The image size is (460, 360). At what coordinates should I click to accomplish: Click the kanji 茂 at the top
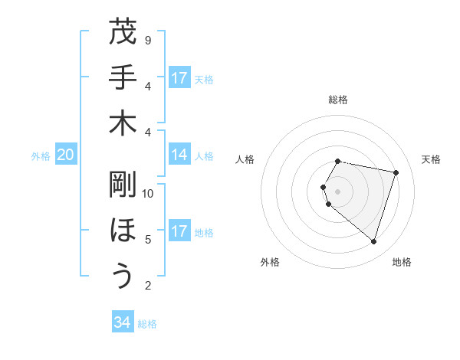tap(123, 32)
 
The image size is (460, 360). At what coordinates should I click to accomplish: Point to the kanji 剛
tap(123, 184)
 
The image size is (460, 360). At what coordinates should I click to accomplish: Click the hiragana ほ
tap(123, 230)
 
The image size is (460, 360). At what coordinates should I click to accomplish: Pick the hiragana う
tap(123, 276)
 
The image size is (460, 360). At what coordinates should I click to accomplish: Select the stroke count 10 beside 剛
tap(148, 194)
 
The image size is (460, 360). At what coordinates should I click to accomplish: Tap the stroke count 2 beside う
tap(148, 286)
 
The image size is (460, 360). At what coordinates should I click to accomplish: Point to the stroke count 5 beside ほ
tap(148, 240)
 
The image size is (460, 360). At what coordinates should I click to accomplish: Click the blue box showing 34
tap(123, 322)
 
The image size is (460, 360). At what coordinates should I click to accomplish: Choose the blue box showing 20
tap(65, 155)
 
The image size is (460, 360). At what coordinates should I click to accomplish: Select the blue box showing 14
tap(179, 155)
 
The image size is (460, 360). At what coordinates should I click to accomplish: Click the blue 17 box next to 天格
tap(179, 78)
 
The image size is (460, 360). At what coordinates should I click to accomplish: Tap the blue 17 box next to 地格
tap(179, 231)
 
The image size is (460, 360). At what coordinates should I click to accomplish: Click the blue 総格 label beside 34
tap(147, 324)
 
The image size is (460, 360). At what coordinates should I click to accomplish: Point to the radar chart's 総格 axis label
tap(338, 100)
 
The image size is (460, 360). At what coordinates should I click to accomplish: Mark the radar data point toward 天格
tap(396, 172)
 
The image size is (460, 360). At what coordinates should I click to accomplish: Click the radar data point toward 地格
tap(373, 241)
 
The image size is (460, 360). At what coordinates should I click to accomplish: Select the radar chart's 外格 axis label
tap(270, 262)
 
